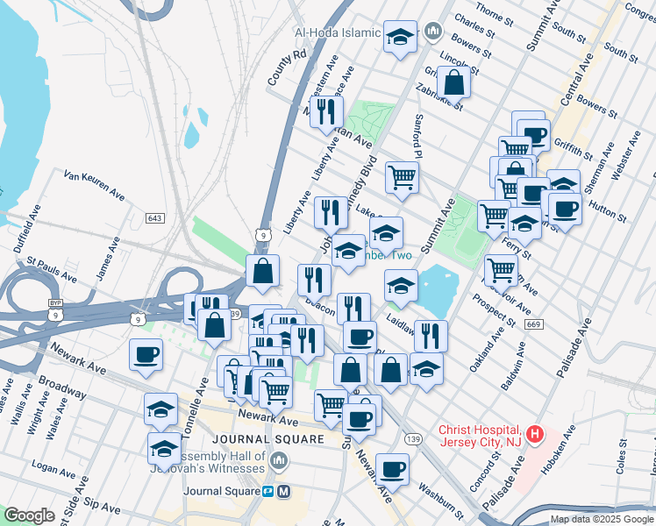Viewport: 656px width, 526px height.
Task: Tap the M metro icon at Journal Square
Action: point(283,492)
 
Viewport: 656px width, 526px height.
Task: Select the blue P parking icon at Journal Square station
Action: point(267,492)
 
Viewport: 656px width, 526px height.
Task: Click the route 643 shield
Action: point(155,217)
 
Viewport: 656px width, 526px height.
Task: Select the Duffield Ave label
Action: point(27,229)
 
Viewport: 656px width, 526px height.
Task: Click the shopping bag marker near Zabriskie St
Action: point(454,83)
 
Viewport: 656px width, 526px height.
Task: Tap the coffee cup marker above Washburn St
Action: point(392,470)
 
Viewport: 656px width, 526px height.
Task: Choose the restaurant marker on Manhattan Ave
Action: point(325,111)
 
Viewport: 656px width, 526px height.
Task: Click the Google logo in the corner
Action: point(29,515)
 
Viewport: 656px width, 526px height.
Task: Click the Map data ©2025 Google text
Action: point(602,519)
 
